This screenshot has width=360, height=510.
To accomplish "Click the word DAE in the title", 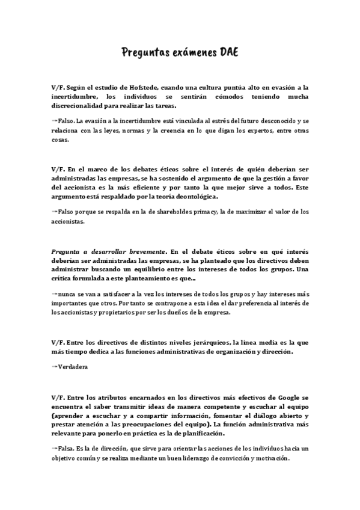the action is [226, 52].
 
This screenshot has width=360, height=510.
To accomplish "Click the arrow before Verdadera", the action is [54, 366].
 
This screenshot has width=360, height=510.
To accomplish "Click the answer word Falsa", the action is [66, 449].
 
